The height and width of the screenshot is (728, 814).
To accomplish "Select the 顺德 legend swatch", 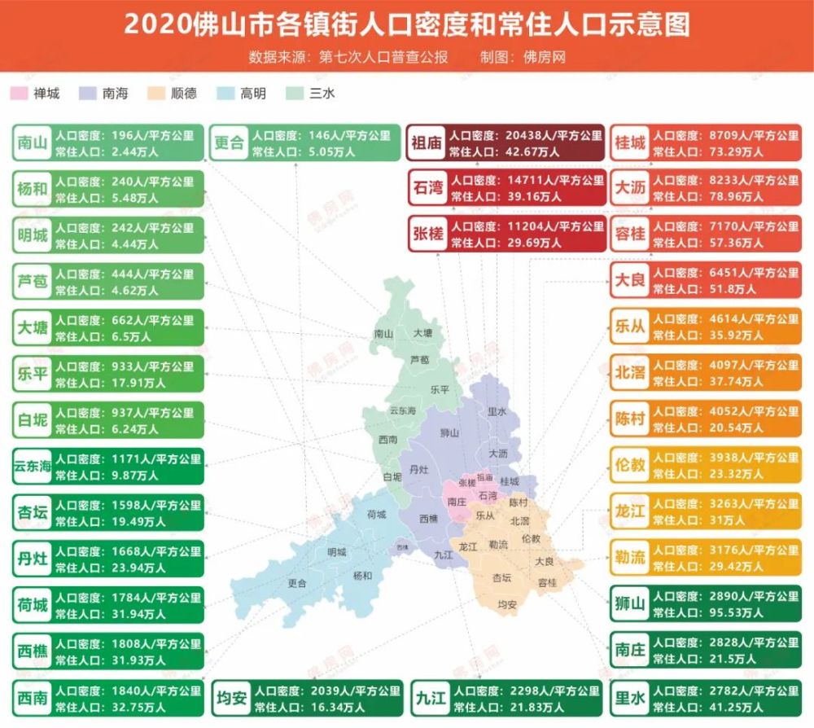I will pyautogui.click(x=159, y=94).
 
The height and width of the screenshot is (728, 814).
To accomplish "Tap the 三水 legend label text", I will pyautogui.click(x=322, y=94).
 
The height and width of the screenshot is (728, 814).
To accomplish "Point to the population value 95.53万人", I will pyautogui.click(x=684, y=612).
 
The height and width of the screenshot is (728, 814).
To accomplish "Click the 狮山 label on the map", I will pyautogui.click(x=449, y=432).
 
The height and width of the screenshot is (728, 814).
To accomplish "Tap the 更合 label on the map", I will pyautogui.click(x=297, y=583).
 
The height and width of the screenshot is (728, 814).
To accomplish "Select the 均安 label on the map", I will pyautogui.click(x=506, y=603).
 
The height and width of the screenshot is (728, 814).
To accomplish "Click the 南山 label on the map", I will pyautogui.click(x=383, y=334).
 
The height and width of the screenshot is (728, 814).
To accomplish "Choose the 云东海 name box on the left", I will pyautogui.click(x=32, y=467).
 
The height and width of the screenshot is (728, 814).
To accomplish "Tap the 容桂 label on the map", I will pyautogui.click(x=547, y=582).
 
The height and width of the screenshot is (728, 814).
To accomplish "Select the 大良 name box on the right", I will pyautogui.click(x=629, y=280).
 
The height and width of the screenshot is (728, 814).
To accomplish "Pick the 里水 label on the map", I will pyautogui.click(x=497, y=412).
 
